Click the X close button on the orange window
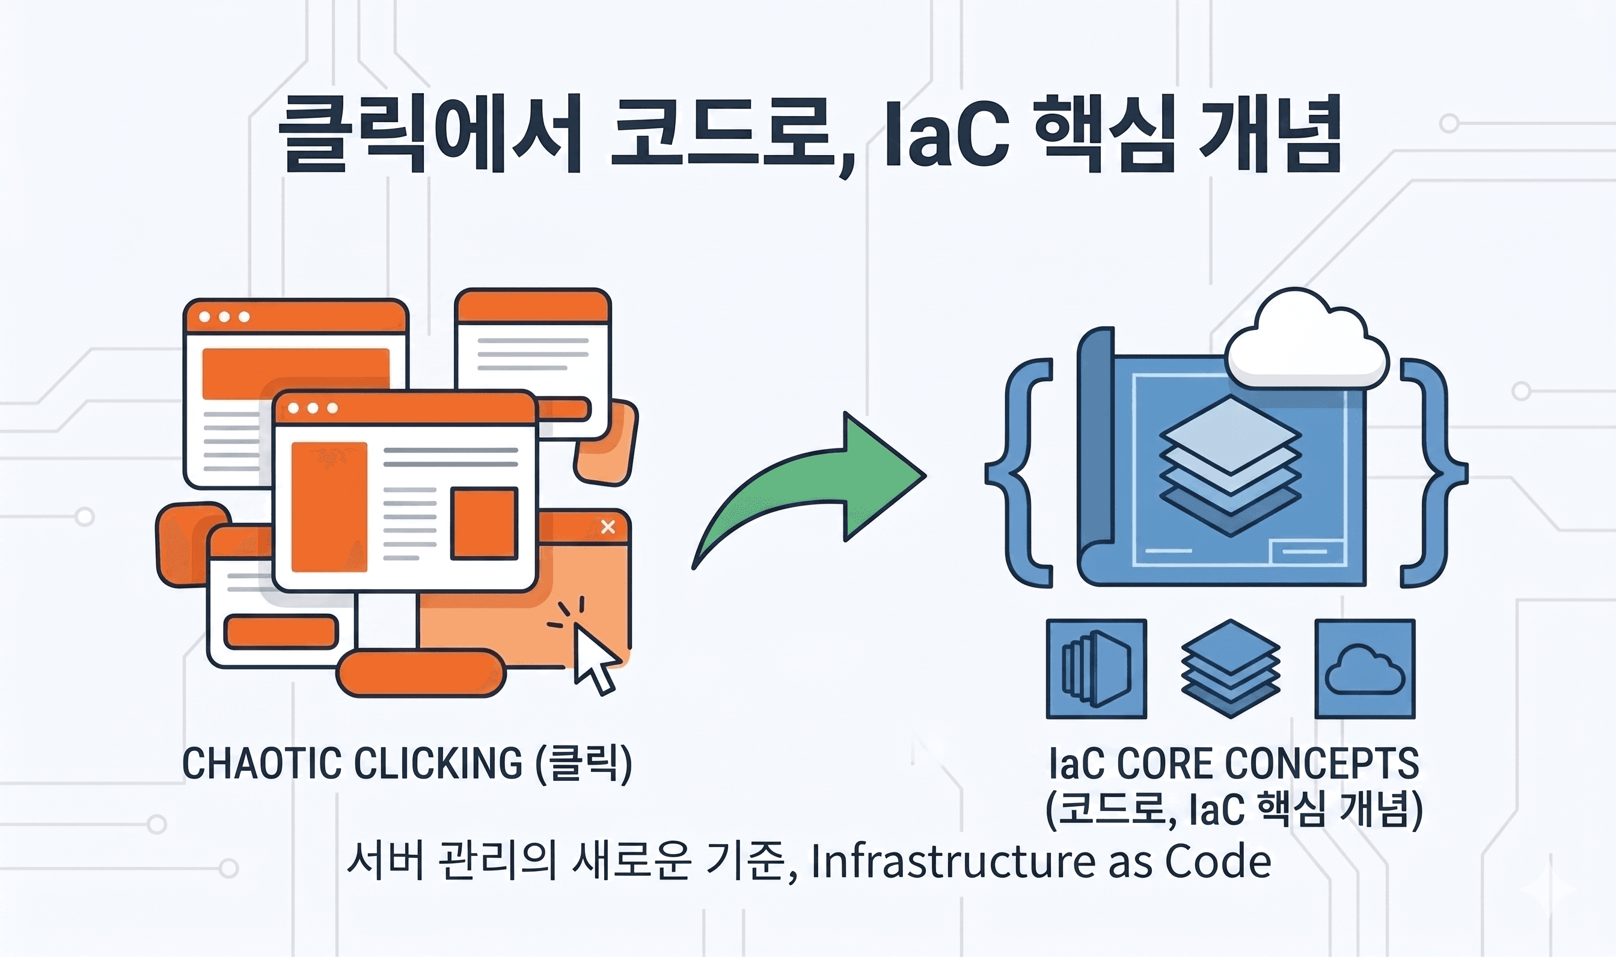(x=607, y=527)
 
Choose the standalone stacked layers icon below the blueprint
(x=1231, y=668)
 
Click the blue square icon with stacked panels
(x=1096, y=668)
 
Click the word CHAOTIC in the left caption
(x=261, y=763)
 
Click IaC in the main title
(x=947, y=136)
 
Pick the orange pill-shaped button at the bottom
(x=421, y=674)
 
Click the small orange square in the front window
(x=483, y=524)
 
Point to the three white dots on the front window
(x=313, y=408)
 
